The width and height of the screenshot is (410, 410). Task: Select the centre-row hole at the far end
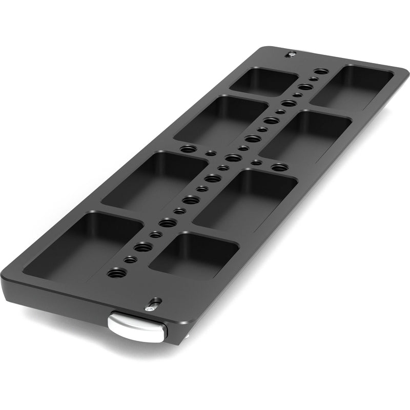point(320,73)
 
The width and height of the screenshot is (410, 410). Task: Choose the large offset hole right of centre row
point(278,167)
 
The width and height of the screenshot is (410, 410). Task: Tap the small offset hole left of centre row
point(210,153)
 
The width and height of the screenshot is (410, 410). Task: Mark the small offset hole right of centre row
point(257,163)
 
